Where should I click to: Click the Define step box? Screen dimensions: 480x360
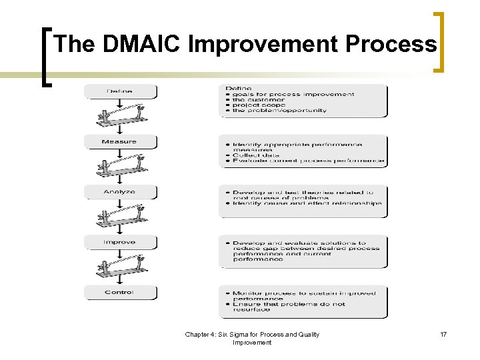point(120,91)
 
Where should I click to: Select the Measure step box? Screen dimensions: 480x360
point(120,141)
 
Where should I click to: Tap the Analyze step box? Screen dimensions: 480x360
point(120,191)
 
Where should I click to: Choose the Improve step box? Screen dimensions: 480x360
point(120,242)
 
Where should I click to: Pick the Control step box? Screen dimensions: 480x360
point(120,292)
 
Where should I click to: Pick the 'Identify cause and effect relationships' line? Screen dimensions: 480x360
point(307,203)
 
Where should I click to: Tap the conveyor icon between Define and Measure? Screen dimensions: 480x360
point(120,117)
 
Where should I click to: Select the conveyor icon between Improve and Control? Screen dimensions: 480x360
point(120,267)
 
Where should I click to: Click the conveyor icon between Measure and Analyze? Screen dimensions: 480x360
point(120,167)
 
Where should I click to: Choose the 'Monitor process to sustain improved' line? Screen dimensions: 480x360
point(304,293)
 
